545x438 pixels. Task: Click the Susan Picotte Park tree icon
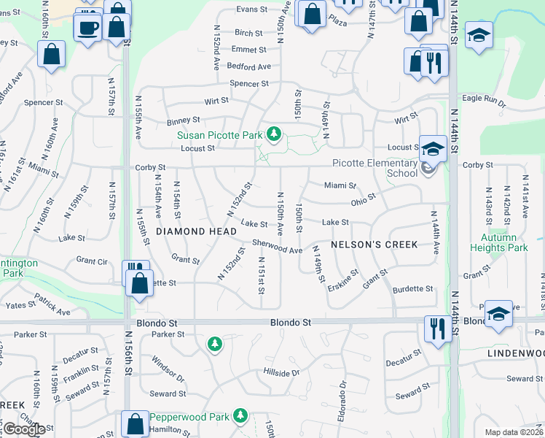(x=274, y=134)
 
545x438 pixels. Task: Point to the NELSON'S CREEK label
(x=375, y=245)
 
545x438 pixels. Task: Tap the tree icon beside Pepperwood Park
(x=240, y=416)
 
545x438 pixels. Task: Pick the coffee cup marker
(x=88, y=28)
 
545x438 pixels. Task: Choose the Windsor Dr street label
(x=168, y=369)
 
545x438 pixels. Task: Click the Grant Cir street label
(x=92, y=261)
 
